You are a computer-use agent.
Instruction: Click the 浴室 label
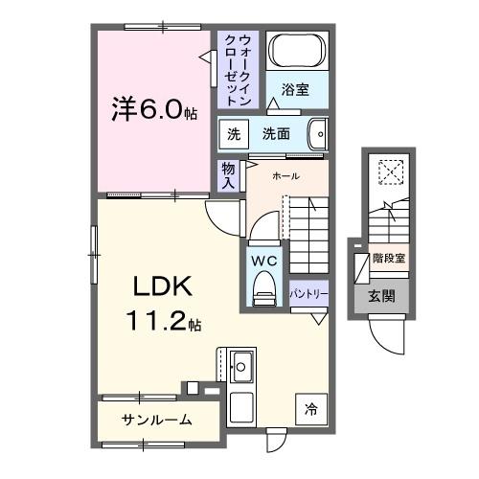(x=295, y=90)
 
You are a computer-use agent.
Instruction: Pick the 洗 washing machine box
(x=233, y=133)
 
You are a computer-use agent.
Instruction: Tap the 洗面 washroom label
(x=278, y=133)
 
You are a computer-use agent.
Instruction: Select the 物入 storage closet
(x=228, y=174)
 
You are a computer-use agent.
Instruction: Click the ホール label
(x=285, y=176)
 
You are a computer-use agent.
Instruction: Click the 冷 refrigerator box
(x=310, y=408)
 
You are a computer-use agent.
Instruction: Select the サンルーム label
(x=156, y=420)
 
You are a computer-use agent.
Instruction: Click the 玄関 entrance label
(x=388, y=297)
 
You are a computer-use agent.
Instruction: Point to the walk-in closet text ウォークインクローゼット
(x=239, y=69)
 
